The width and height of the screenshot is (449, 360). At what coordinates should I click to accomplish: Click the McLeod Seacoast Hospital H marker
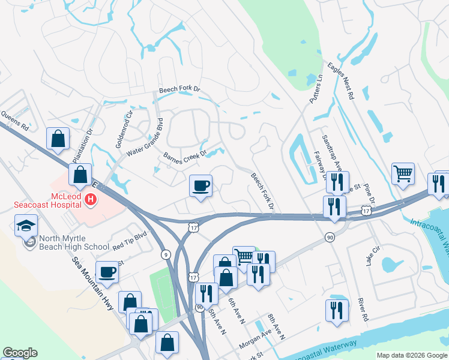point(91,199)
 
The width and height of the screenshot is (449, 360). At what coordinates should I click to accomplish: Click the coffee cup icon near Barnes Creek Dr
point(201,185)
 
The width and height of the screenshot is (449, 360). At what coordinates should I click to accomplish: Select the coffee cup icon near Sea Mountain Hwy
point(107,271)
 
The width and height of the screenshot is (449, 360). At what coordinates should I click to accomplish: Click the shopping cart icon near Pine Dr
point(403,173)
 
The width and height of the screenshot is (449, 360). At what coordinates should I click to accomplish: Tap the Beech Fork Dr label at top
point(179,89)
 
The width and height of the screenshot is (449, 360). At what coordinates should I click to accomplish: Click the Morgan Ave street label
point(256,343)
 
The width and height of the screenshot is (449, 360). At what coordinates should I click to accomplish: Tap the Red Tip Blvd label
point(130,241)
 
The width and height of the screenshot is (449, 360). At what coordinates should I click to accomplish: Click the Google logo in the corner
point(20,353)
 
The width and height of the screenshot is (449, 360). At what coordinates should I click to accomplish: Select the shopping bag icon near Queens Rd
point(58,139)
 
